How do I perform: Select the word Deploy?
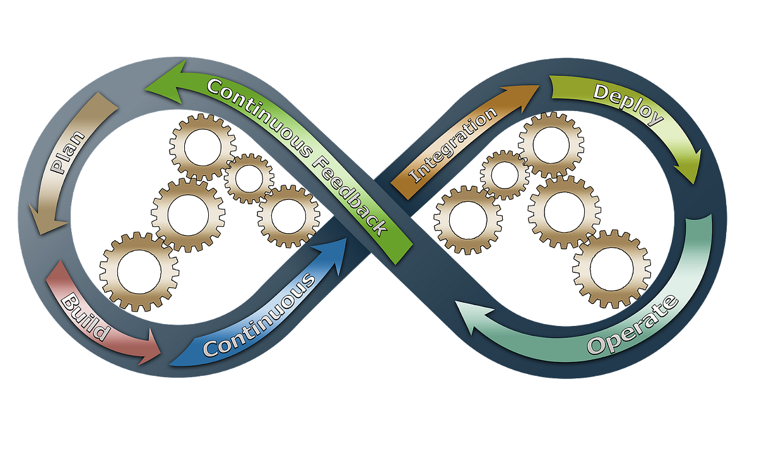pyautogui.click(x=628, y=104)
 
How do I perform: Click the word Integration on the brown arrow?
pyautogui.click(x=453, y=146)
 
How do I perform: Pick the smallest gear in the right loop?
pyautogui.click(x=505, y=175)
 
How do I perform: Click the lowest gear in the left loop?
pyautogui.click(x=135, y=272)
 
